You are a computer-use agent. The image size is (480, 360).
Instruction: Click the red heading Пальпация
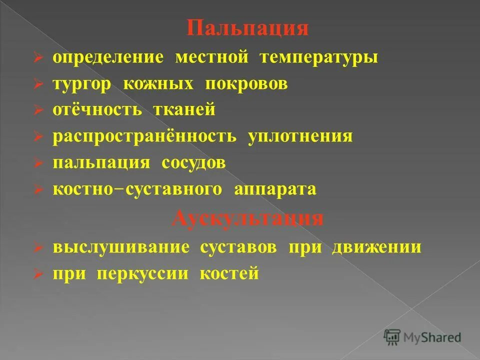[248, 28]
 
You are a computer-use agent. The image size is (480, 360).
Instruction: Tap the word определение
[108, 57]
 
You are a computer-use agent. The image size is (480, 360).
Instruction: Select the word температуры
[319, 57]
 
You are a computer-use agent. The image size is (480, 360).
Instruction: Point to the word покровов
[246, 83]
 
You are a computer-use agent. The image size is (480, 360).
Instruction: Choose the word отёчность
[97, 110]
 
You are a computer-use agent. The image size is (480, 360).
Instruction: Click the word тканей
[180, 110]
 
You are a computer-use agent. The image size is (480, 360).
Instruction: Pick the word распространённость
[144, 136]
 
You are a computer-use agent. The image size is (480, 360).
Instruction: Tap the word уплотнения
[300, 136]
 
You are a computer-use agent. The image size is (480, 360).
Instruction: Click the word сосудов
[193, 163]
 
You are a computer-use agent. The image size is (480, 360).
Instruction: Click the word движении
[376, 247]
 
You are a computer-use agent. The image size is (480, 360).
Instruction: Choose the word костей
[229, 274]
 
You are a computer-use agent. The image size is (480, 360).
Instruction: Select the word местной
[212, 57]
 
